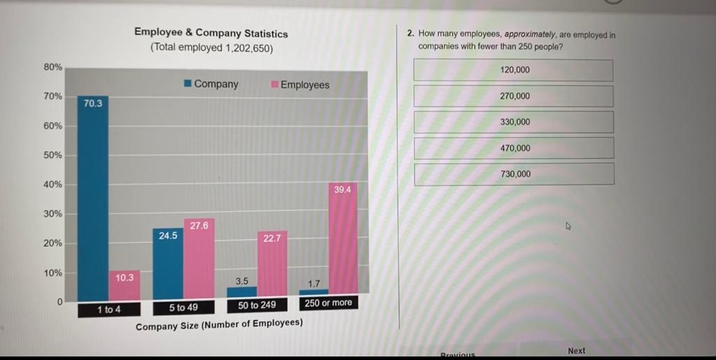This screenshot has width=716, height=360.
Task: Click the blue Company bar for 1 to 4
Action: point(93,203)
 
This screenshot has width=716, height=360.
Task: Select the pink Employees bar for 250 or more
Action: point(343,241)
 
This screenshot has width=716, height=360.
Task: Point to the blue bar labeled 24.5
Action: point(167,266)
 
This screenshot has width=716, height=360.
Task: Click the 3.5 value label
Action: point(242,281)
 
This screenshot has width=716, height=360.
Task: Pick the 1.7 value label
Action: point(314,284)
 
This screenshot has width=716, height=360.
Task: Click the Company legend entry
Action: point(211,84)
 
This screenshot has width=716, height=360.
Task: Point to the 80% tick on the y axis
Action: point(53,67)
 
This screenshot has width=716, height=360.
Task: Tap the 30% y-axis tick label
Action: point(53,214)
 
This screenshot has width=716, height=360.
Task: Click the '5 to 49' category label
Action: point(183,307)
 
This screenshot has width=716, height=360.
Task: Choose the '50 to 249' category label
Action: point(257,305)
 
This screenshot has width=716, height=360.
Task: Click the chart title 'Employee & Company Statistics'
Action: point(210,33)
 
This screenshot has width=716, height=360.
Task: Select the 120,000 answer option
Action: point(514,70)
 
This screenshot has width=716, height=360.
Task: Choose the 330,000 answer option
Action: point(514,122)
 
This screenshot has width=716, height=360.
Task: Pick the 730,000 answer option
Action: point(514,174)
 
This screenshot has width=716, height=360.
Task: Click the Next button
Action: point(577,350)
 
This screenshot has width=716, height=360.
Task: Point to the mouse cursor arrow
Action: point(568,226)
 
